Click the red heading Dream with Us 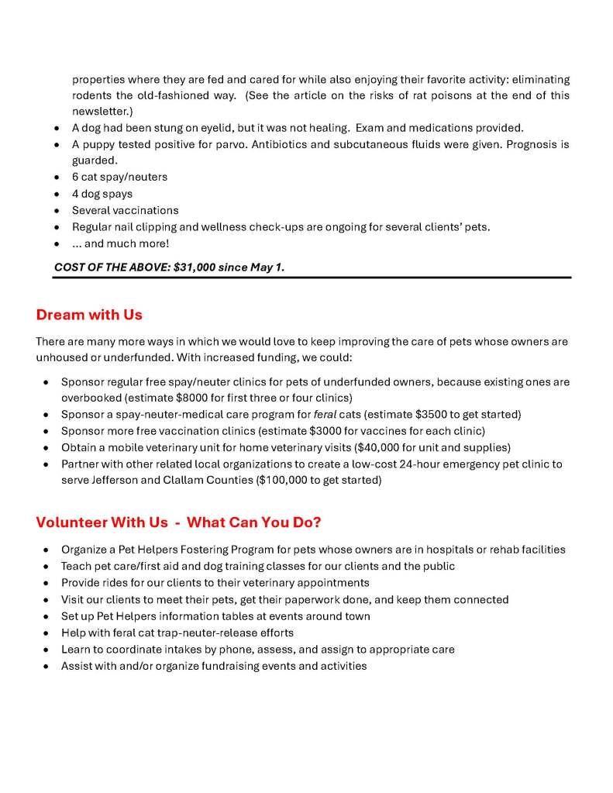88,315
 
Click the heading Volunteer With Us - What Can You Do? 177,522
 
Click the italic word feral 325,414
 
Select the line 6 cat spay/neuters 119,177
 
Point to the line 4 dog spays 102,194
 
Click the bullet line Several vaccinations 125,210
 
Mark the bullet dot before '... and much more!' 57,244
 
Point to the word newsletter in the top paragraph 101,111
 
